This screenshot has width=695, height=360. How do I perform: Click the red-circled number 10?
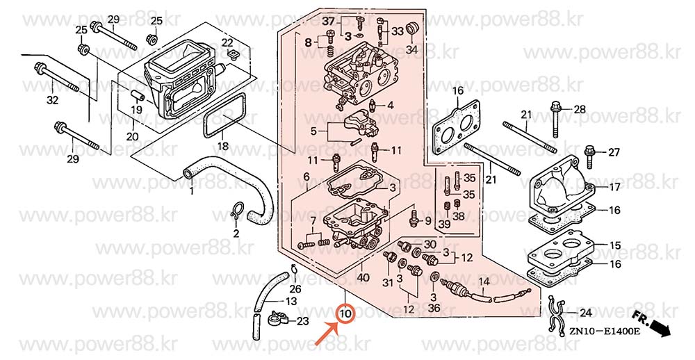click(x=345, y=313)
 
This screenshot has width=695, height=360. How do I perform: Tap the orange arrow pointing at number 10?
click(x=327, y=334)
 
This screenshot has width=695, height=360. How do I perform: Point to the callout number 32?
click(x=52, y=101)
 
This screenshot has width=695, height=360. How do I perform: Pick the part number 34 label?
click(x=412, y=49)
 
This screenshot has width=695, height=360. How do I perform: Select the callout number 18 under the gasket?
click(x=222, y=147)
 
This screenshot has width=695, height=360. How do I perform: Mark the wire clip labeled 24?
click(x=556, y=314)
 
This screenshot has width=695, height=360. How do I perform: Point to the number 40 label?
click(x=363, y=279)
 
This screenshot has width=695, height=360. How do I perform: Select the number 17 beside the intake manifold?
click(x=614, y=188)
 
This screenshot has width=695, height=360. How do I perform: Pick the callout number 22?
click(x=227, y=43)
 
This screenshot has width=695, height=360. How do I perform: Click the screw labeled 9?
click(x=414, y=218)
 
